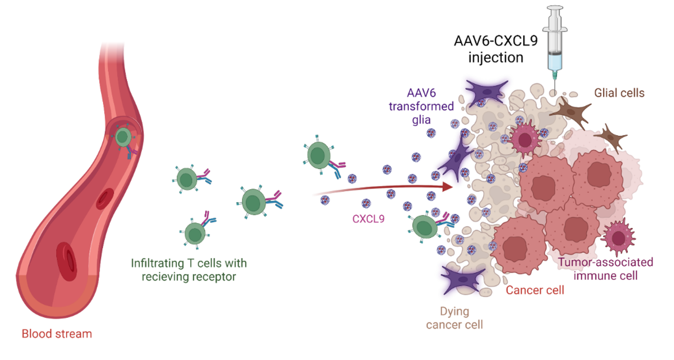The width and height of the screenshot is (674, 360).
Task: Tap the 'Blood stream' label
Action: pyautogui.click(x=56, y=334)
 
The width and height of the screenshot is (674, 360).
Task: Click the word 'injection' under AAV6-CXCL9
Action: pyautogui.click(x=495, y=57)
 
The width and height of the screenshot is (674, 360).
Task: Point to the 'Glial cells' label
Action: pyautogui.click(x=619, y=93)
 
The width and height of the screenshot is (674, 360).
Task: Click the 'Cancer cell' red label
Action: pyautogui.click(x=535, y=290)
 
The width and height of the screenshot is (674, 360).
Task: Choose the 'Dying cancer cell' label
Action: pyautogui.click(x=454, y=318)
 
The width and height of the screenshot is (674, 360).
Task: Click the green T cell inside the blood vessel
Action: pyautogui.click(x=123, y=137)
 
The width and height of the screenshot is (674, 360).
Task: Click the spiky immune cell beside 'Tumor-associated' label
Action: pyautogui.click(x=619, y=237)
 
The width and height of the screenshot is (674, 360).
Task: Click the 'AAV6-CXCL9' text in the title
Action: pyautogui.click(x=495, y=41)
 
